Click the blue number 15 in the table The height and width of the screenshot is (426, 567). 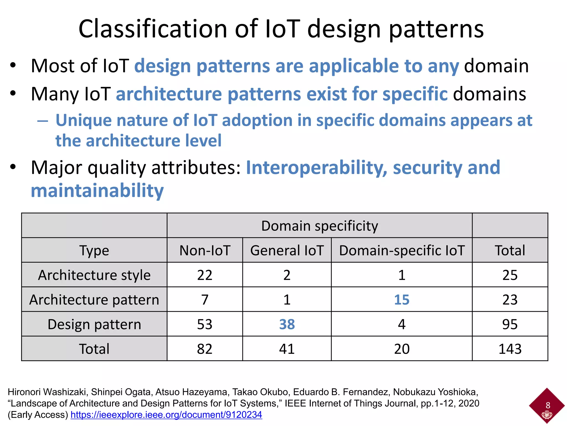(x=401, y=300)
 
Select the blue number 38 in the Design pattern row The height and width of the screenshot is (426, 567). (x=287, y=324)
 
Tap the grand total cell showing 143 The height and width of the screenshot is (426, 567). (x=510, y=349)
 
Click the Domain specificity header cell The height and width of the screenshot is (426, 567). (x=319, y=226)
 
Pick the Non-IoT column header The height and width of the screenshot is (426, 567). (x=205, y=250)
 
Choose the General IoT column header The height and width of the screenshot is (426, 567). (x=287, y=250)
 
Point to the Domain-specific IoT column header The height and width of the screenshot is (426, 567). (x=401, y=250)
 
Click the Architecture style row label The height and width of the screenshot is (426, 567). (x=94, y=275)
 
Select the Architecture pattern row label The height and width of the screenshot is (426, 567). (x=94, y=300)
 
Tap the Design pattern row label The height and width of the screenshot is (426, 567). (x=94, y=324)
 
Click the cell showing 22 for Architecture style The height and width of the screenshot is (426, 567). (x=205, y=275)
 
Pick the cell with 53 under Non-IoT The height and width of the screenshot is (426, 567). (x=205, y=324)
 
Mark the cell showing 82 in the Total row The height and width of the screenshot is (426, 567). (x=205, y=349)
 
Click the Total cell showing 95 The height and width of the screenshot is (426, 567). (x=510, y=324)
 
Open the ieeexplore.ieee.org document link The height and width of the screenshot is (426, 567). (x=166, y=415)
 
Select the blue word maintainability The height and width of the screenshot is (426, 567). (x=97, y=191)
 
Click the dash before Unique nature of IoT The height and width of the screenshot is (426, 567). (x=43, y=121)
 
